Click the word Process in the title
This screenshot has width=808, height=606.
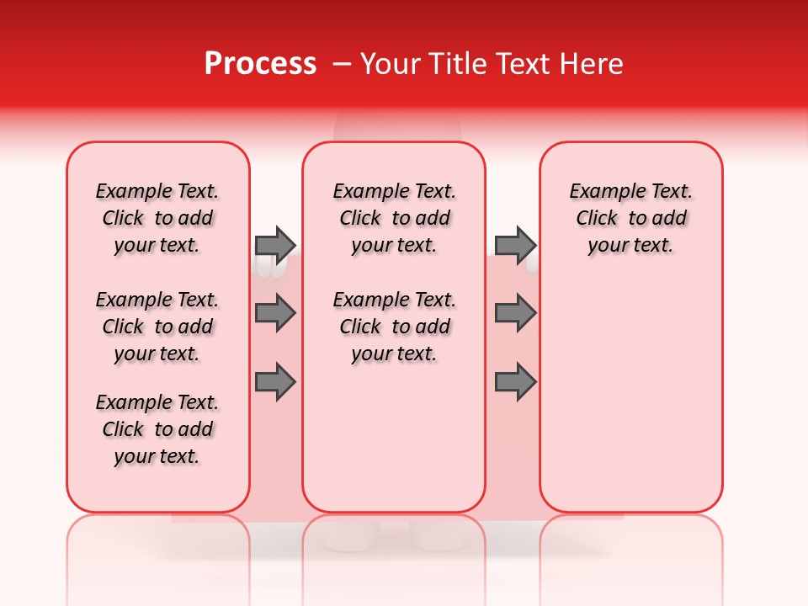point(260,64)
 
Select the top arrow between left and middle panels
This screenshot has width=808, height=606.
point(275,245)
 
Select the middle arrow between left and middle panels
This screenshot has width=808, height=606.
point(275,313)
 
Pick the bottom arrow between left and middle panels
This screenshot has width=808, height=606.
point(275,382)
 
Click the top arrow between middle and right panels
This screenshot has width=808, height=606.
point(515,245)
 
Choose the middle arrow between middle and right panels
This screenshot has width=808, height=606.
point(515,313)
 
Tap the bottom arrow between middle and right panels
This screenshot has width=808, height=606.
point(515,382)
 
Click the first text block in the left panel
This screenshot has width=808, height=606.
point(157,218)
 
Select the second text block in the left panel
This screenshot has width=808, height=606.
point(157,327)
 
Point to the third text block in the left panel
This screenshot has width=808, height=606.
point(157,429)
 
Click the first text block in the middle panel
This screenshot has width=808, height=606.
point(394,218)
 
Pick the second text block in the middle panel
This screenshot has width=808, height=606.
point(394,327)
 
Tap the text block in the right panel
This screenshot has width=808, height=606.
point(630,218)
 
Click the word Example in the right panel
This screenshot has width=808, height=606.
point(601,192)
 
